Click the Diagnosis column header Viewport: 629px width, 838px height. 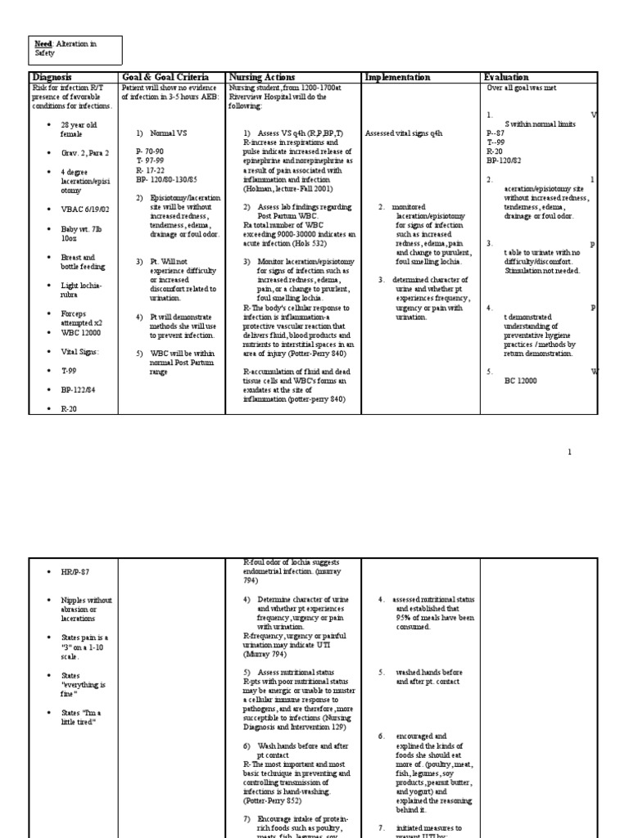coord(51,77)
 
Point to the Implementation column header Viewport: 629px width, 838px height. coord(397,77)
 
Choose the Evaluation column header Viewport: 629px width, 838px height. coord(507,77)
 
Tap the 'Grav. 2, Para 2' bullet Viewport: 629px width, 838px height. coord(84,153)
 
